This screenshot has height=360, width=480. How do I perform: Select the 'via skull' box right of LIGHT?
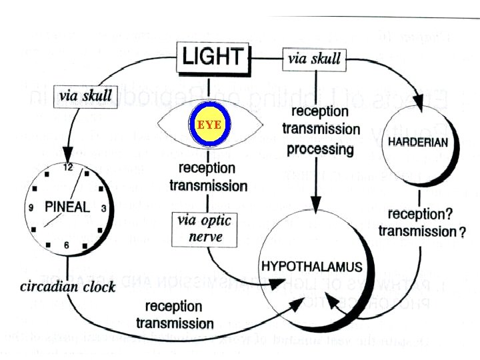pos(313,58)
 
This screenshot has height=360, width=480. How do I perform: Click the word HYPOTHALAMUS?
pos(312,267)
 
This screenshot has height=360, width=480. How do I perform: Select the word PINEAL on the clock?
pos(67,207)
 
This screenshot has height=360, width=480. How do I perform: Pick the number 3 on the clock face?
pos(105,208)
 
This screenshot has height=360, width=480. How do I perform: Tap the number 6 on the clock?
pos(67,245)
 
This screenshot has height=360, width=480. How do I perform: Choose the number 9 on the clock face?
pos(31,208)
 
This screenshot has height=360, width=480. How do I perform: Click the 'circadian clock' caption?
pos(67,287)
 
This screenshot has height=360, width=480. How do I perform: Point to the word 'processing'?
pos(319,148)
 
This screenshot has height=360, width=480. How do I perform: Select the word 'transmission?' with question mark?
pos(421,231)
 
